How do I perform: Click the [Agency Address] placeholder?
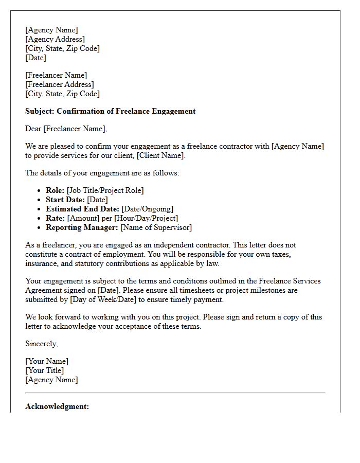[55, 39]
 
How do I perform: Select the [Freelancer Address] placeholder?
[60, 84]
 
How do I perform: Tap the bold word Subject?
[40, 111]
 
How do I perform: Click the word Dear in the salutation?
[33, 129]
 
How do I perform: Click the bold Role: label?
[55, 190]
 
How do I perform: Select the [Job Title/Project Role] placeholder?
[105, 190]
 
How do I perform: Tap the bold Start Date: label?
[65, 200]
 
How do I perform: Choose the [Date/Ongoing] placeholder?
[147, 209]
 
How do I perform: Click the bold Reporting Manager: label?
[82, 227]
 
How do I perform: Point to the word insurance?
[42, 263]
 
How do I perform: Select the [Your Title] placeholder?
[45, 370]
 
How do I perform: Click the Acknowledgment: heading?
[57, 406]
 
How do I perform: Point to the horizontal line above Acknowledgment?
[175, 393]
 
